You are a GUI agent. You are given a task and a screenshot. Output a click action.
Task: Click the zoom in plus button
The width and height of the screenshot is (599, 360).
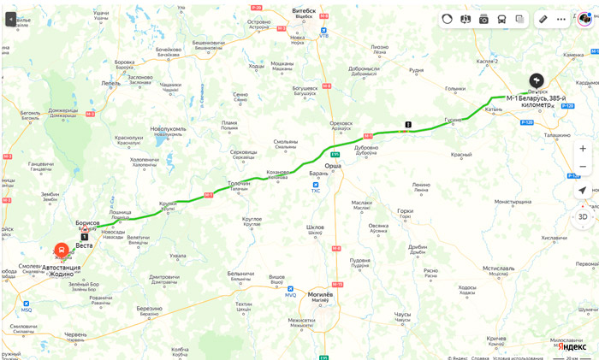[x=583, y=148]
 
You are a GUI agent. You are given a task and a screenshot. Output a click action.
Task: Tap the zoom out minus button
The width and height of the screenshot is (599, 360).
[x=583, y=166]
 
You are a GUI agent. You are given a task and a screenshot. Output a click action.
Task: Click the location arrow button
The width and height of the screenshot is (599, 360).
[x=583, y=191]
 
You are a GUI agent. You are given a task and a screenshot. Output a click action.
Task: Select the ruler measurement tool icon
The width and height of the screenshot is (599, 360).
[x=543, y=19]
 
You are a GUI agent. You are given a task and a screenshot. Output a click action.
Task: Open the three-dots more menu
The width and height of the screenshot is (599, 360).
[x=561, y=19]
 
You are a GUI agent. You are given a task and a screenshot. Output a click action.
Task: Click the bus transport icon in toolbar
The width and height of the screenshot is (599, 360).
[x=501, y=19]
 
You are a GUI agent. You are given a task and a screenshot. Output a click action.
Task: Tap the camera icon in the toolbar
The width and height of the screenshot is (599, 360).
[x=483, y=19]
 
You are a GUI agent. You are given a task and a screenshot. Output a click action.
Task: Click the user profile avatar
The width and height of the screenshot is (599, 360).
[x=585, y=19]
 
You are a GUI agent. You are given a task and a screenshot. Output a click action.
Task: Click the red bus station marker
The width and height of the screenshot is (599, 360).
[x=62, y=251]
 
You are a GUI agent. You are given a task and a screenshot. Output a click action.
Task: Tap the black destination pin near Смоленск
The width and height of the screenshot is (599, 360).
[x=537, y=80]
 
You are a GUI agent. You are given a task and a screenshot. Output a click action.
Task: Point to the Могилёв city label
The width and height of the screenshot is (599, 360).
[x=319, y=293]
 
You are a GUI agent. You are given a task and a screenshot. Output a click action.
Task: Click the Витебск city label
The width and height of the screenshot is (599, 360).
[x=304, y=11]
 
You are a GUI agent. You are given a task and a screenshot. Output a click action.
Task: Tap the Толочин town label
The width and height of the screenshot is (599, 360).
[x=238, y=184]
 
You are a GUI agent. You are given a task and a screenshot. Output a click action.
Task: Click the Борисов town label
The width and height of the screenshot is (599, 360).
[x=87, y=222]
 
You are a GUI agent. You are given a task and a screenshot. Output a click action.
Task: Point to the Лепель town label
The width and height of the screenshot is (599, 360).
[x=110, y=83]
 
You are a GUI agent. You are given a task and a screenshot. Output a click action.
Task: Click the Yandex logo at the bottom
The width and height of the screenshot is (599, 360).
[x=572, y=346]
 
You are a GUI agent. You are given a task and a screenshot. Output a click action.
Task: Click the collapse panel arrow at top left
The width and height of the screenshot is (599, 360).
[x=11, y=18]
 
